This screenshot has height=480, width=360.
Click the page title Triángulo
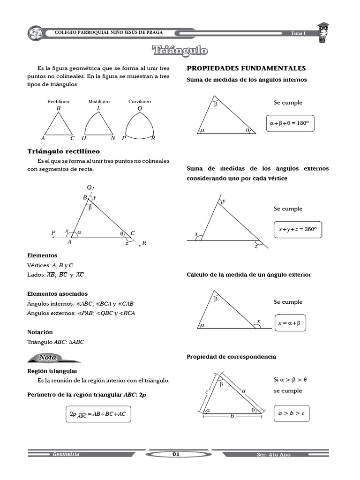point(180,51)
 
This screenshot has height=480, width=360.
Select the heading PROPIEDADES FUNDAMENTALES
point(246,68)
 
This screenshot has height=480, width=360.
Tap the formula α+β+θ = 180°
point(290,123)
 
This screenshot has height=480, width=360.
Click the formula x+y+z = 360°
point(298,230)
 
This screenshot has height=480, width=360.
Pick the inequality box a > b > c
point(291,413)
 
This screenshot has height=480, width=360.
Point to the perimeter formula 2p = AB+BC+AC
point(98,414)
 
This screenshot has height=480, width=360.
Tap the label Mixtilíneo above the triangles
point(99,101)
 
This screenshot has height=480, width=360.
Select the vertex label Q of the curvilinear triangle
point(140,108)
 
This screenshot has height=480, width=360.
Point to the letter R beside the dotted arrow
point(144,243)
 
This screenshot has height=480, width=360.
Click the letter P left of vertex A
point(53,232)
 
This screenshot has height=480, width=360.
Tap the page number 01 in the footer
point(176,454)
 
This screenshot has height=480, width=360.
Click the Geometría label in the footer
point(66,454)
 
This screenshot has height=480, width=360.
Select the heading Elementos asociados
point(58,293)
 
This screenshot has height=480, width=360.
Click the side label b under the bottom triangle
point(232,416)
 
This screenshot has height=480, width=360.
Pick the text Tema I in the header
point(298,33)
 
